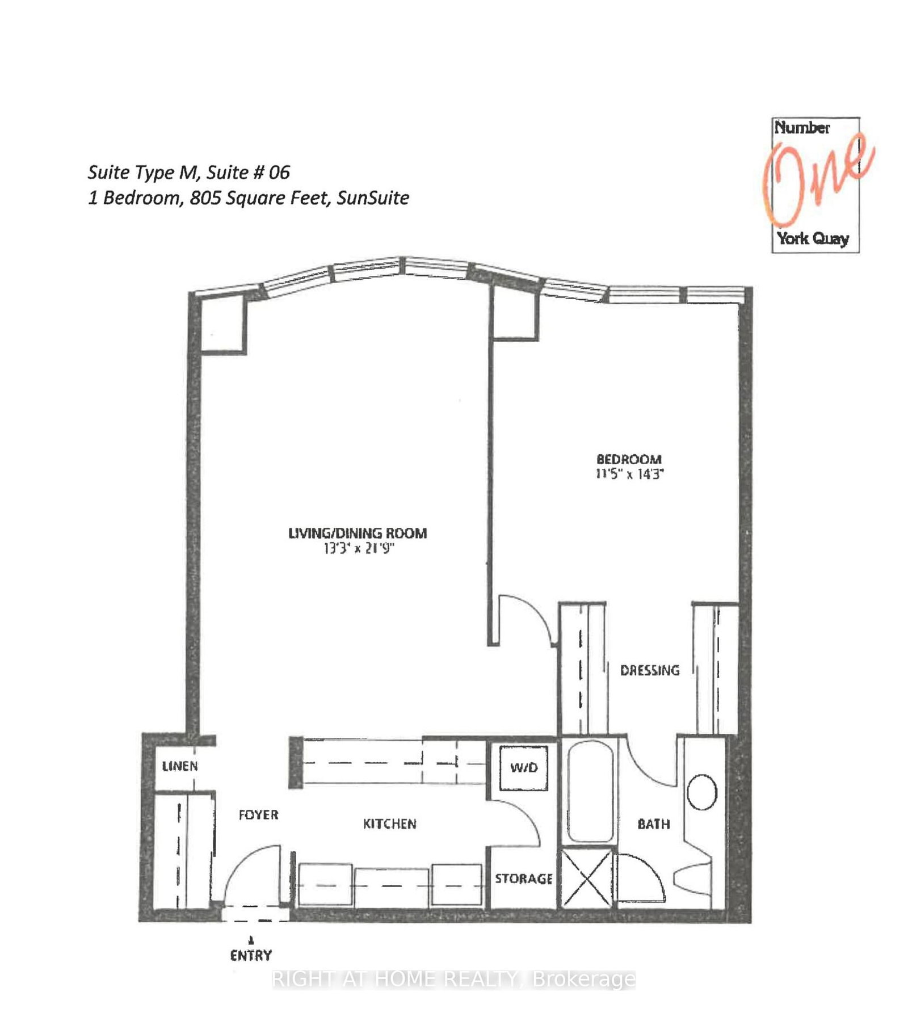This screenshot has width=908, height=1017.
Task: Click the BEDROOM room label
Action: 628,459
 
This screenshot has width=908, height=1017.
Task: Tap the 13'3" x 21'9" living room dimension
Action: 358,548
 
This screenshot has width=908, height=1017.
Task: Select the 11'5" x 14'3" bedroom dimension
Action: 629,474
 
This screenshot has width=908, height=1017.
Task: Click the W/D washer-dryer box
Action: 523,768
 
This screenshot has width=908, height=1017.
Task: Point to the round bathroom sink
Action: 702,792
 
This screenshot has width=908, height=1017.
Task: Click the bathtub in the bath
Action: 590,792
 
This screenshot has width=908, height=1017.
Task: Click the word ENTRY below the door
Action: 251,955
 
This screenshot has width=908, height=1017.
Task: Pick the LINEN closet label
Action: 180,766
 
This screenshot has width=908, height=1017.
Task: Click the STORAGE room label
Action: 523,879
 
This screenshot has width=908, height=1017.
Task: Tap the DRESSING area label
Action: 649,670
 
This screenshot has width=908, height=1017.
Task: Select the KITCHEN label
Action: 389,823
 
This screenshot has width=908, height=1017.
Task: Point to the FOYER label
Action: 258,815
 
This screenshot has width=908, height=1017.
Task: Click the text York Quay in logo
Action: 813,238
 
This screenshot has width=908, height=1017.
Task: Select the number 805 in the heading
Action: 203,197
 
